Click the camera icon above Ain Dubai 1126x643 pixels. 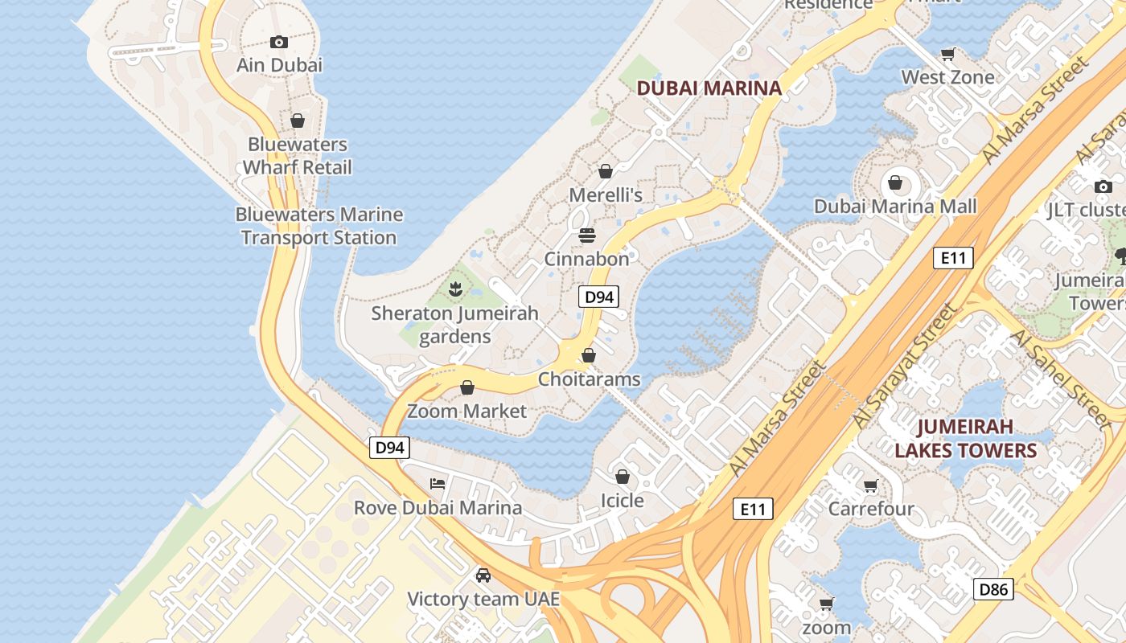coord(279,42)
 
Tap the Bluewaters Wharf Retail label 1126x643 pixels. coord(298,156)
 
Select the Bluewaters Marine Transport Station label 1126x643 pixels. coord(318,226)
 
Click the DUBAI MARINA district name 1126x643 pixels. coord(709,88)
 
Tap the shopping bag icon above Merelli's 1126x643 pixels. coord(606,171)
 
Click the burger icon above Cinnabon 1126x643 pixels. coord(587,235)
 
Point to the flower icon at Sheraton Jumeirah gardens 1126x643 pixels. coord(455,287)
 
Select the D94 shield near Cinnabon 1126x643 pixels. coord(599,297)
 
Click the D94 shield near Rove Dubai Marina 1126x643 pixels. coord(390,448)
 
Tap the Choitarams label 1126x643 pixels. coord(590,379)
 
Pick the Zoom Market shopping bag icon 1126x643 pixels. coord(466,387)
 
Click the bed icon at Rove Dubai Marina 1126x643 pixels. coord(438,483)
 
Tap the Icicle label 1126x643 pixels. coord(622,500)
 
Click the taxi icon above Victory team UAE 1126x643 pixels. coord(483,575)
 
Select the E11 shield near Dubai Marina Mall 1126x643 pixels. coord(954,258)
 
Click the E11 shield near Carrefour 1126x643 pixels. coord(753,508)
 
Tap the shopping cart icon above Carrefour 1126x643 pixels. coord(870,485)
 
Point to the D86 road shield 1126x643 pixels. coord(993,589)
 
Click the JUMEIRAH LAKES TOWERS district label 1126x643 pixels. coord(965,438)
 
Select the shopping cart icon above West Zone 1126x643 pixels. coord(947,54)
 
